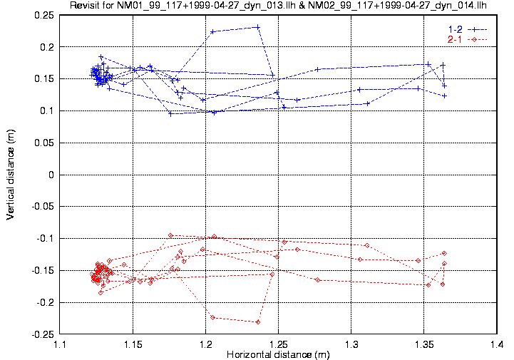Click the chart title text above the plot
tap(278, 6)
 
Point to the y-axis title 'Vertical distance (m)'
tap(11, 175)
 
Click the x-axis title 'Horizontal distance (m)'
tap(278, 354)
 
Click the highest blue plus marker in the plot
tap(257, 27)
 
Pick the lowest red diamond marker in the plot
tap(257, 322)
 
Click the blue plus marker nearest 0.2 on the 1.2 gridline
tap(212, 32)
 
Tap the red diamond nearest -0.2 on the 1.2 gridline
tap(212, 317)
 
